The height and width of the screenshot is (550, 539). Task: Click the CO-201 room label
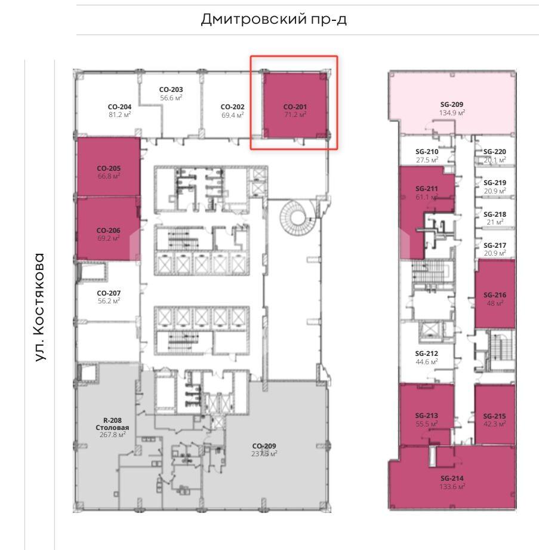coord(295,107)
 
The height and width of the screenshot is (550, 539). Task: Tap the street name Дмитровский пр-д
coord(274,19)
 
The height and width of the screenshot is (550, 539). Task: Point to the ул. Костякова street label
coord(40,307)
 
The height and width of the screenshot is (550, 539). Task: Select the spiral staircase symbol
coord(298,217)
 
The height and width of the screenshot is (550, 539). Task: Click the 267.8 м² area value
coord(113,435)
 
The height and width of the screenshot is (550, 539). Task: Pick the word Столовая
coord(112,428)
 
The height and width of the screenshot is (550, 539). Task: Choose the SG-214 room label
coord(452,478)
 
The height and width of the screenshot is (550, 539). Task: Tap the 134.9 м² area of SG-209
coord(452,113)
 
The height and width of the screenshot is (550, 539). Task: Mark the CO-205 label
coord(109,168)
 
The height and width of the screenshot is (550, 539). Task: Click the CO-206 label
coord(109,231)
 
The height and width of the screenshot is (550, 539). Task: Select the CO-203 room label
coord(171,90)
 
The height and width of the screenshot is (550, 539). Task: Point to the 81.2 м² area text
coord(119,114)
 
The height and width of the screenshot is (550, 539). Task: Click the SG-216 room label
coord(495,295)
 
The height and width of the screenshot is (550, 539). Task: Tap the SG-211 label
coord(426,189)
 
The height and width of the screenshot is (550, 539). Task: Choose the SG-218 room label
coord(495,214)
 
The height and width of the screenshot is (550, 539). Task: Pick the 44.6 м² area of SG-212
coord(427,362)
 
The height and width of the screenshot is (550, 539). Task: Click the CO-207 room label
coord(109,293)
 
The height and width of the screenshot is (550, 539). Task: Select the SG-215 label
coord(494,416)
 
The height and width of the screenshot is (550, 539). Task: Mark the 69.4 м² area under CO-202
coord(233,115)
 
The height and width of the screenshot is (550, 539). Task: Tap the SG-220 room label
coord(494,152)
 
